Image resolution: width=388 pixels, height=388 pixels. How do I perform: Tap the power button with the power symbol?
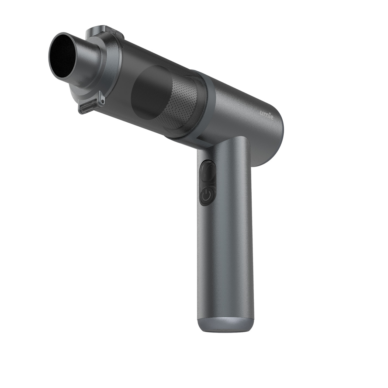click(x=207, y=195)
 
